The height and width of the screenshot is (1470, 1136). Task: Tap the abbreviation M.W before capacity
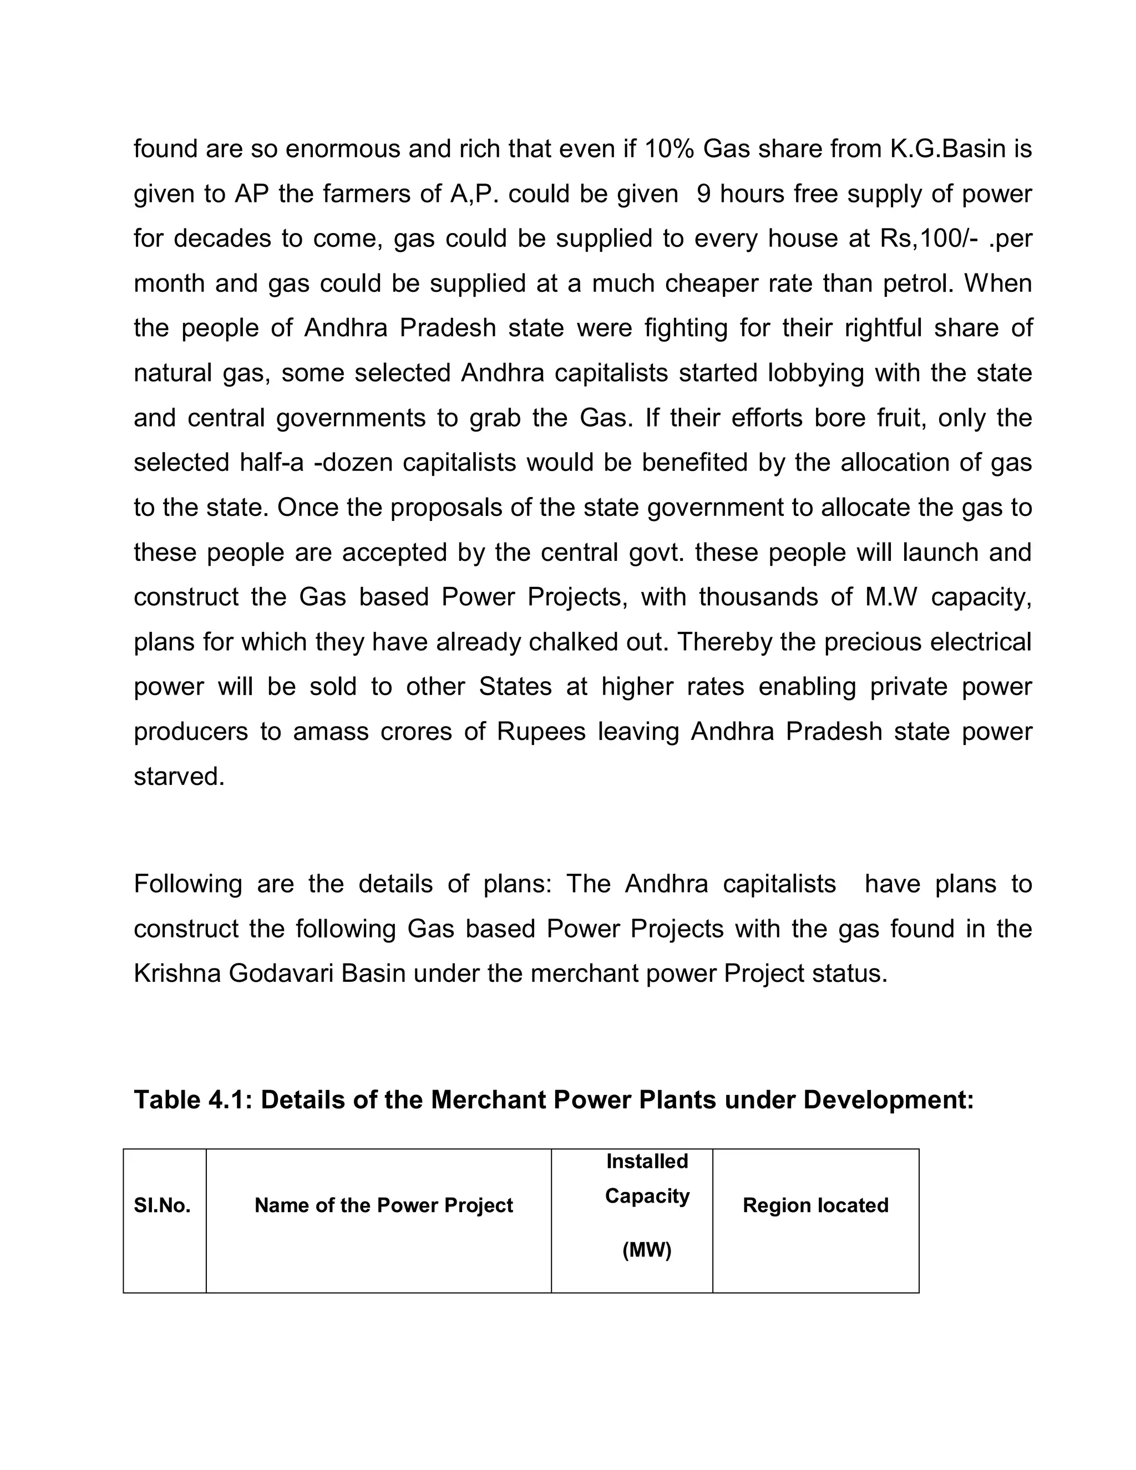[x=891, y=597]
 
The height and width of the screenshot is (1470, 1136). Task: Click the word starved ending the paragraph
[x=179, y=777]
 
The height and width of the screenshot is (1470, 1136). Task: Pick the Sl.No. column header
[x=162, y=1205]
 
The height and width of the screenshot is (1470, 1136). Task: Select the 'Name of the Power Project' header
[x=384, y=1205]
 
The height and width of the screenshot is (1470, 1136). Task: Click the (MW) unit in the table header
[x=647, y=1250]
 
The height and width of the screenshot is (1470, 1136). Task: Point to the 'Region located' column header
[x=815, y=1205]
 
